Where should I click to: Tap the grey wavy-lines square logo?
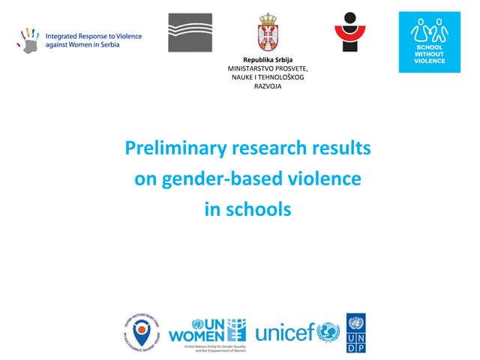189,33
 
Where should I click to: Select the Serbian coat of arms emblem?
268,32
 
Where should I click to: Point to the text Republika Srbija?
267,59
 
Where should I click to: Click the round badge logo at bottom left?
142,331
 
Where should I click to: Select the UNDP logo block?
356,333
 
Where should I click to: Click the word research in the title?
261,149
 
